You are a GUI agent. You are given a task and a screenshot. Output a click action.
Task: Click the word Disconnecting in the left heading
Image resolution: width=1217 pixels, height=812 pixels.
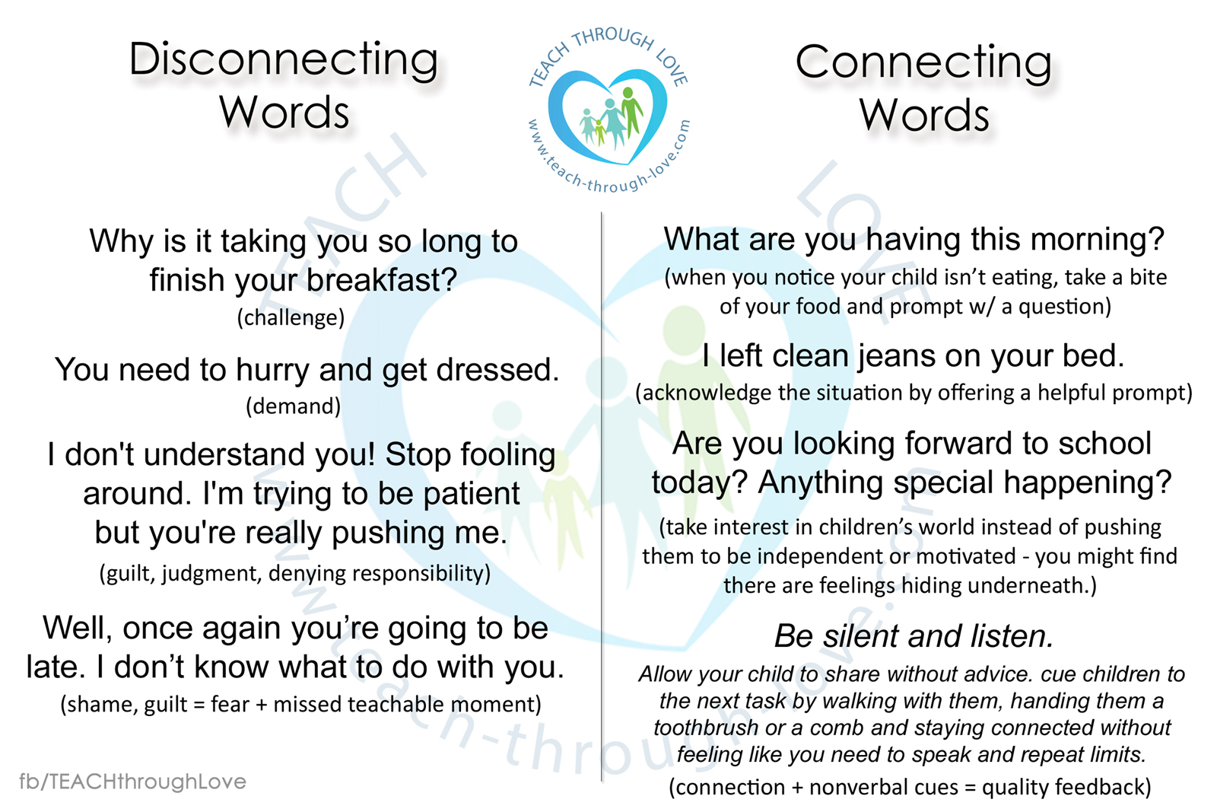pyautogui.click(x=284, y=61)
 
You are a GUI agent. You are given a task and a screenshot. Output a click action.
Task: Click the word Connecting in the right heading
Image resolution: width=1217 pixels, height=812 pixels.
pyautogui.click(x=923, y=64)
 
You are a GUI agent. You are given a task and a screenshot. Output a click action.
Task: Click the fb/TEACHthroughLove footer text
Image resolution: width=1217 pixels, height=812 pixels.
pyautogui.click(x=132, y=782)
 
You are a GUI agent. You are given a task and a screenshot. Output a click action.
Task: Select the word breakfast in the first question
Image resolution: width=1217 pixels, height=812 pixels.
pyautogui.click(x=381, y=281)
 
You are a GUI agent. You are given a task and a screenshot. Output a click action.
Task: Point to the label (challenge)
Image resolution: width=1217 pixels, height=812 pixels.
pyautogui.click(x=291, y=317)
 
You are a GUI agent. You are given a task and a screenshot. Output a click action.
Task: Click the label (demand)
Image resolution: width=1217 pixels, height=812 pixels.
pyautogui.click(x=294, y=406)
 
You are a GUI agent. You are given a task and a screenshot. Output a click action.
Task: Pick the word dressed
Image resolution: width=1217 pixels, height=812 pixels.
pyautogui.click(x=497, y=370)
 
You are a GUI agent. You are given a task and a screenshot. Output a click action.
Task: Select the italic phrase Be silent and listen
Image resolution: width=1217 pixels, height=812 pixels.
pyautogui.click(x=914, y=636)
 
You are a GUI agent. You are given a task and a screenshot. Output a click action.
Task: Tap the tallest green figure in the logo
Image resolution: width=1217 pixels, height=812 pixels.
pyautogui.click(x=631, y=112)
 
